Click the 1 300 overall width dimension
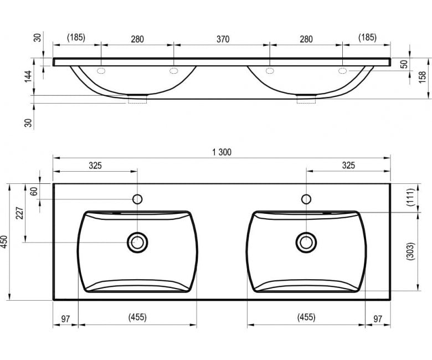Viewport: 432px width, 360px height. (222, 152)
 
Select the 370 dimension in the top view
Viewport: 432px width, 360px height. (223, 39)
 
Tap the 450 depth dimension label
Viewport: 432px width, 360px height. (3, 241)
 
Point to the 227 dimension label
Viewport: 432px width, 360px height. (19, 213)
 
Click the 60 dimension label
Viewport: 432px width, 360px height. (34, 191)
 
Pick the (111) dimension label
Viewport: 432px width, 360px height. (411, 197)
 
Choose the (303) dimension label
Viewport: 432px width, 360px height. (410, 251)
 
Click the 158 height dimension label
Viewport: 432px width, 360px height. (422, 78)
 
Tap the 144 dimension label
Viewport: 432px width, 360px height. (28, 76)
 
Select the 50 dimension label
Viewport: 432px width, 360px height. (404, 64)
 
